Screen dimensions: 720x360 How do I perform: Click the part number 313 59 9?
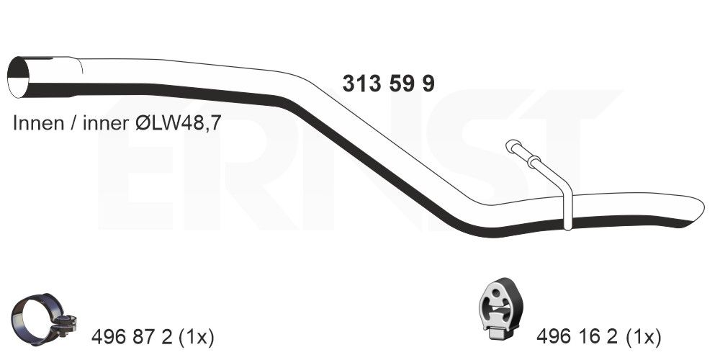point(388,84)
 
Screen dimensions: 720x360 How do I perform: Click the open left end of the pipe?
point(19,77)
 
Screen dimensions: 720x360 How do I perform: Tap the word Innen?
point(39,123)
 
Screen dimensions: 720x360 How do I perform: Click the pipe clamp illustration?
point(45,320)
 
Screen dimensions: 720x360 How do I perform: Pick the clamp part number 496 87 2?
point(132,338)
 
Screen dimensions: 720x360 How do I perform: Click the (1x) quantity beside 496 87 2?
point(196,338)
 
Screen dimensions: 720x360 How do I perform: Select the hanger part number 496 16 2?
point(577,338)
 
